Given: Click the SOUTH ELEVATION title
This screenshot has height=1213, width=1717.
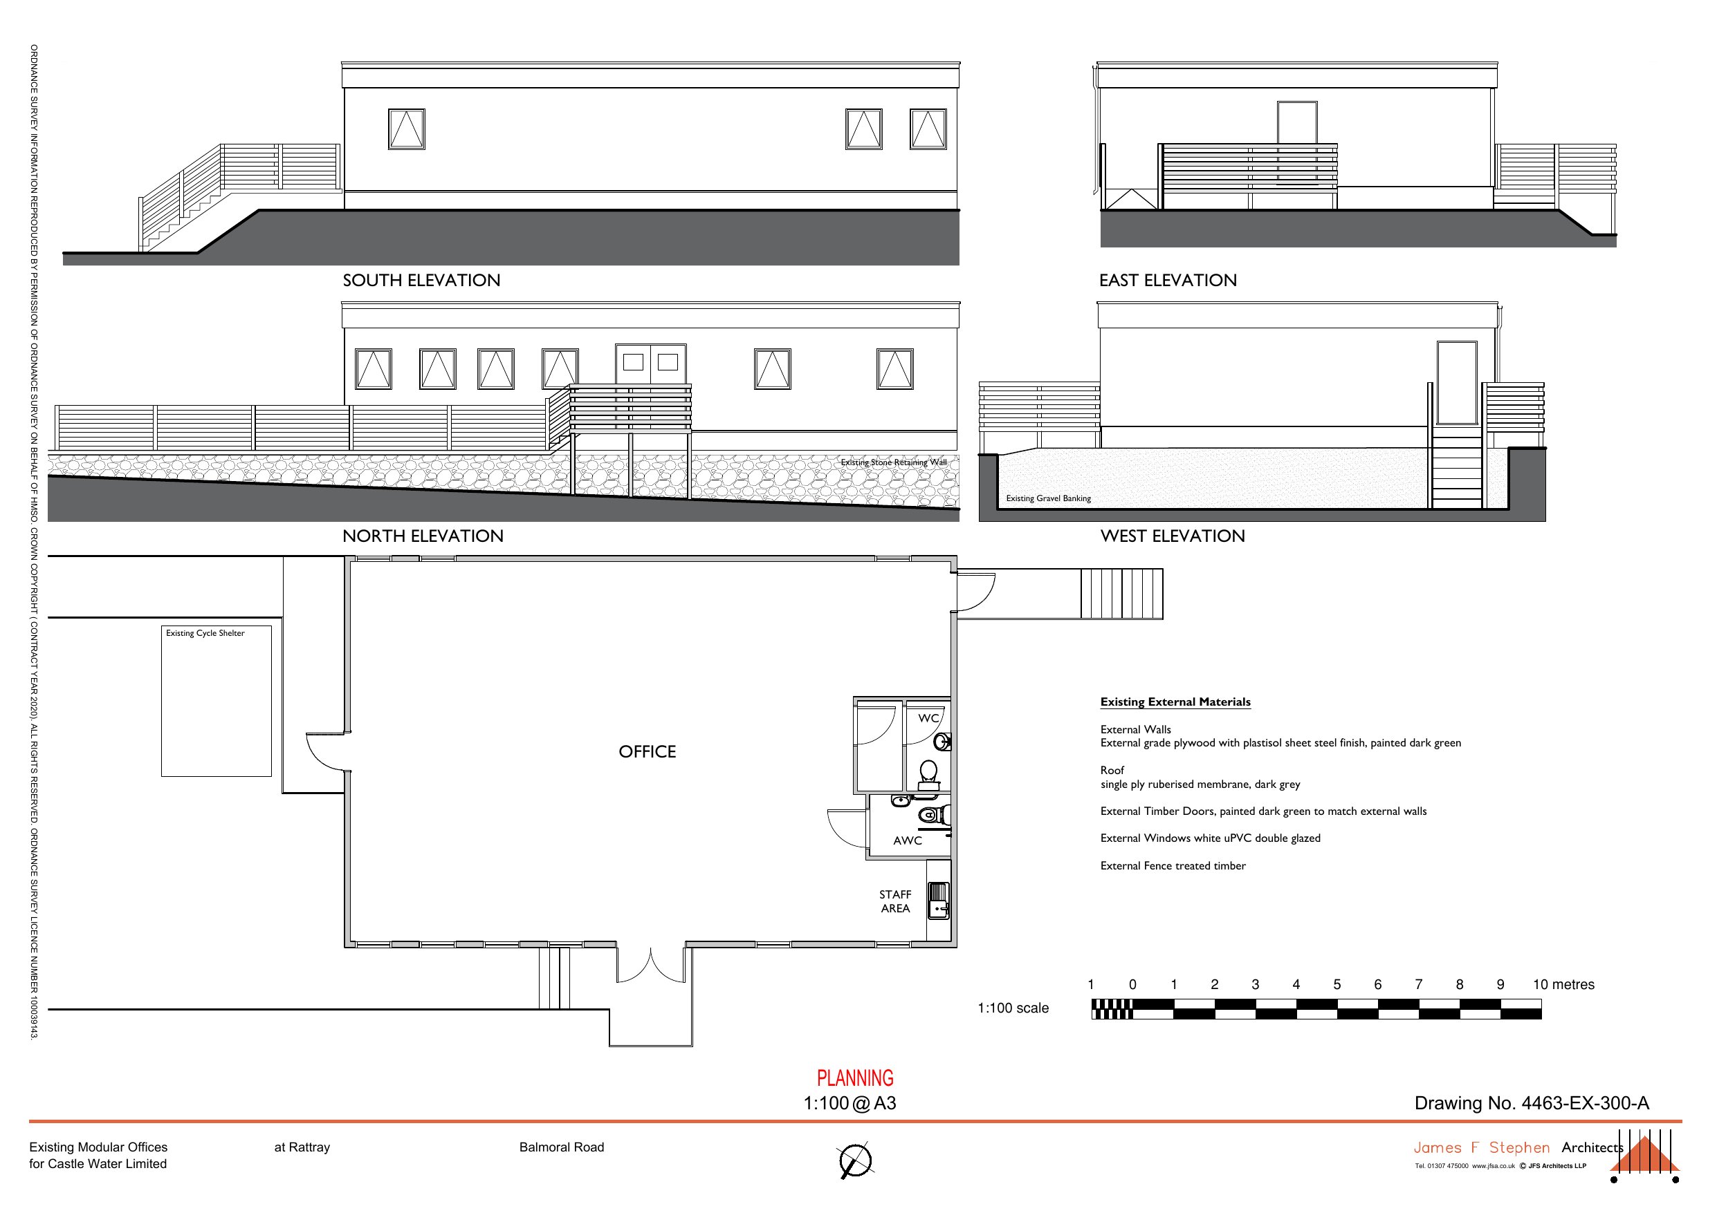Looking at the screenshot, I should point(421,280).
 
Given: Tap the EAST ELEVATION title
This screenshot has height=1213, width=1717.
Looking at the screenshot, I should point(1167,280).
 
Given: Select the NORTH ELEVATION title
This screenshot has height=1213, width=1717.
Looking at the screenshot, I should point(423,536).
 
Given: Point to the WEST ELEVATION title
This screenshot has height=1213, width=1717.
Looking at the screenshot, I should point(1172,536).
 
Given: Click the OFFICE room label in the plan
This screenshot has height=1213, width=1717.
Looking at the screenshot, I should point(647,752).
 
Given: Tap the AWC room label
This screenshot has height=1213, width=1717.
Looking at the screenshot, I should point(907,840).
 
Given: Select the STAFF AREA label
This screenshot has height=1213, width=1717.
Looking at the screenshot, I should point(894,901).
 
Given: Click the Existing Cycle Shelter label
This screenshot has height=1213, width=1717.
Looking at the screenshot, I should point(205,633).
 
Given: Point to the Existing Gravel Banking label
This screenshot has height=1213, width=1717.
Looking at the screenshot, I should point(1047,498).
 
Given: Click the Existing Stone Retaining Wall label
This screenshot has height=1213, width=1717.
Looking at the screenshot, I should point(893,462).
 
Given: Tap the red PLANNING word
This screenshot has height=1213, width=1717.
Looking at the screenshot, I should point(855,1078).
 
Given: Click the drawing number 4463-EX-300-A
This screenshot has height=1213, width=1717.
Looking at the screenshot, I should point(1531,1103).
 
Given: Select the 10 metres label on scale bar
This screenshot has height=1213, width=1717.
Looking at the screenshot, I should point(1563,985).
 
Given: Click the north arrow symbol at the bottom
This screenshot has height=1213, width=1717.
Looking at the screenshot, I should point(855,1160).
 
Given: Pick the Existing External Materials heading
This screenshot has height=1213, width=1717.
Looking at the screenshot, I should point(1175,702).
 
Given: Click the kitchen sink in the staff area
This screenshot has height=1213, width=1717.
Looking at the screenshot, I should point(938,900).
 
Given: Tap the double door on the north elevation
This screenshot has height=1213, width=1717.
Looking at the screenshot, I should point(650,364).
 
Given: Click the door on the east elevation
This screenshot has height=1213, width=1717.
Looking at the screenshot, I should point(1296,122).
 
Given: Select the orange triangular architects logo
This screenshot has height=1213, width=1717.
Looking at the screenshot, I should point(1644,1165).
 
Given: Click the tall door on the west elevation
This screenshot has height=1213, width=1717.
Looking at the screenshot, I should point(1456,383).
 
